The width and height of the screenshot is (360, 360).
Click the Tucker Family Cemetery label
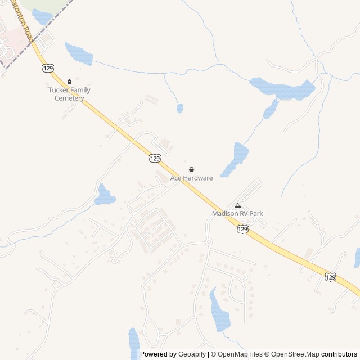point(69,94)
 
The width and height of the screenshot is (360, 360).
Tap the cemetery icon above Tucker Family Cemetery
point(69,82)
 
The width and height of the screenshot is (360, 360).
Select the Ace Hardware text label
point(192,178)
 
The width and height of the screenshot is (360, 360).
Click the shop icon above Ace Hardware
point(192,169)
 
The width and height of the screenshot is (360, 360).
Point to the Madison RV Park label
point(237,214)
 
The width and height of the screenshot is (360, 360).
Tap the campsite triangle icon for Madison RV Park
point(237,205)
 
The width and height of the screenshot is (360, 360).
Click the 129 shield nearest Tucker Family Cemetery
point(48,67)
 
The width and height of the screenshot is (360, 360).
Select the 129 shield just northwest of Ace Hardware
point(155,158)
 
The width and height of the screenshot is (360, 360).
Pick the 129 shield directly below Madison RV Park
point(242,229)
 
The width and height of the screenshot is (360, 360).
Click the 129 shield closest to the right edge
point(331,277)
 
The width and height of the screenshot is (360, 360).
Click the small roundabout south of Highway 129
point(209,242)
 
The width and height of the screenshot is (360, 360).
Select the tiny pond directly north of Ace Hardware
point(179,108)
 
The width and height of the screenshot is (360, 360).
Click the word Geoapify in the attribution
point(192,354)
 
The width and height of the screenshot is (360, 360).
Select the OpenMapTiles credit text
point(240,354)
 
